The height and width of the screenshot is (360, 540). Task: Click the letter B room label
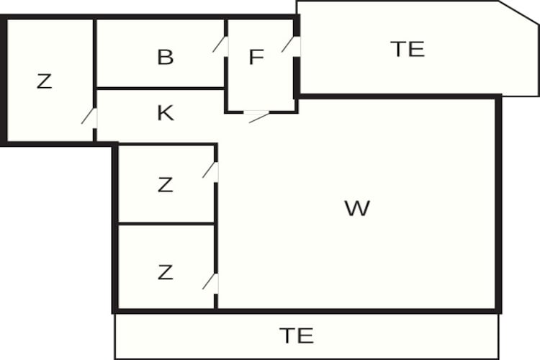pyautogui.click(x=166, y=57)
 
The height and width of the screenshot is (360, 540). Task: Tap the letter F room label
pyautogui.click(x=256, y=57)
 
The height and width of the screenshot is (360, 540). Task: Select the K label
pyautogui.click(x=166, y=113)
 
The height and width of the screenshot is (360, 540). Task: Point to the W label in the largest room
pyautogui.click(x=357, y=208)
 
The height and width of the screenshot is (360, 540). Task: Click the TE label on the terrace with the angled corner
pyautogui.click(x=408, y=49)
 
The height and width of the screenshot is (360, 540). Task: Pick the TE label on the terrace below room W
pyautogui.click(x=297, y=336)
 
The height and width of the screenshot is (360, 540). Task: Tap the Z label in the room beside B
pyautogui.click(x=45, y=81)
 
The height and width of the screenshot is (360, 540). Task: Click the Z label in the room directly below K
pyautogui.click(x=166, y=185)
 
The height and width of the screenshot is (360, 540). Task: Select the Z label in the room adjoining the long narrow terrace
pyautogui.click(x=166, y=272)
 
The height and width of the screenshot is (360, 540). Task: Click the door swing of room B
pyautogui.click(x=220, y=45)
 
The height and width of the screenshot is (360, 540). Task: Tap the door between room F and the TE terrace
pyautogui.click(x=290, y=45)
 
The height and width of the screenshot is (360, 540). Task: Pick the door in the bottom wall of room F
pyautogui.click(x=258, y=116)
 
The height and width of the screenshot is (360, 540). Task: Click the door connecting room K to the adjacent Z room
pyautogui.click(x=89, y=116)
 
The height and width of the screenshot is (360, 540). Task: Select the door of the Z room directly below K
pyautogui.click(x=210, y=170)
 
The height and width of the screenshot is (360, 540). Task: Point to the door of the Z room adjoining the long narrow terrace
pyautogui.click(x=210, y=282)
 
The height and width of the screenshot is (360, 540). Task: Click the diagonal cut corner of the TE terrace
pyautogui.click(x=518, y=13)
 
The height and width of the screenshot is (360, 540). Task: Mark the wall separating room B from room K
pyautogui.click(x=161, y=89)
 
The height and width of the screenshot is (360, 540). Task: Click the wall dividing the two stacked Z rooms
pyautogui.click(x=166, y=224)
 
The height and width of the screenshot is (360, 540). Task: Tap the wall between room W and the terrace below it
pyautogui.click(x=307, y=312)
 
